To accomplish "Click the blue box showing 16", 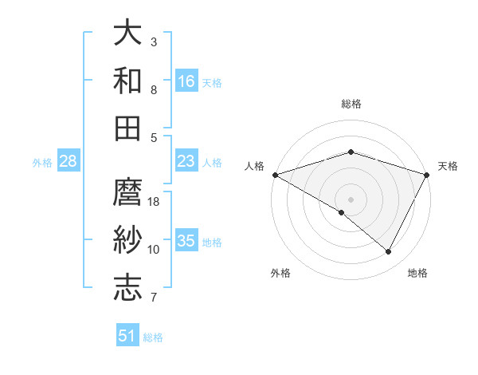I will (x=186, y=81).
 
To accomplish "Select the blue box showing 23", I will (x=186, y=161).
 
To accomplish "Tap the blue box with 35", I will (x=186, y=241).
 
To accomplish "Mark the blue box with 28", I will (x=69, y=161).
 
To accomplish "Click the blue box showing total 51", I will (x=127, y=336).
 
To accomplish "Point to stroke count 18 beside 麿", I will (x=154, y=202).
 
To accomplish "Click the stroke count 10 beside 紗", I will (x=154, y=250).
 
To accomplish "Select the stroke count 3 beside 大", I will (x=154, y=41).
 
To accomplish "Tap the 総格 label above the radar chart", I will (x=351, y=104).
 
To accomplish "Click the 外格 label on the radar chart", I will (x=280, y=273).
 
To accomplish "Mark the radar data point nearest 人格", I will (x=275, y=174).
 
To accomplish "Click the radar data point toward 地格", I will (x=389, y=251).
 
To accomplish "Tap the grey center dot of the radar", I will (x=351, y=199).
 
